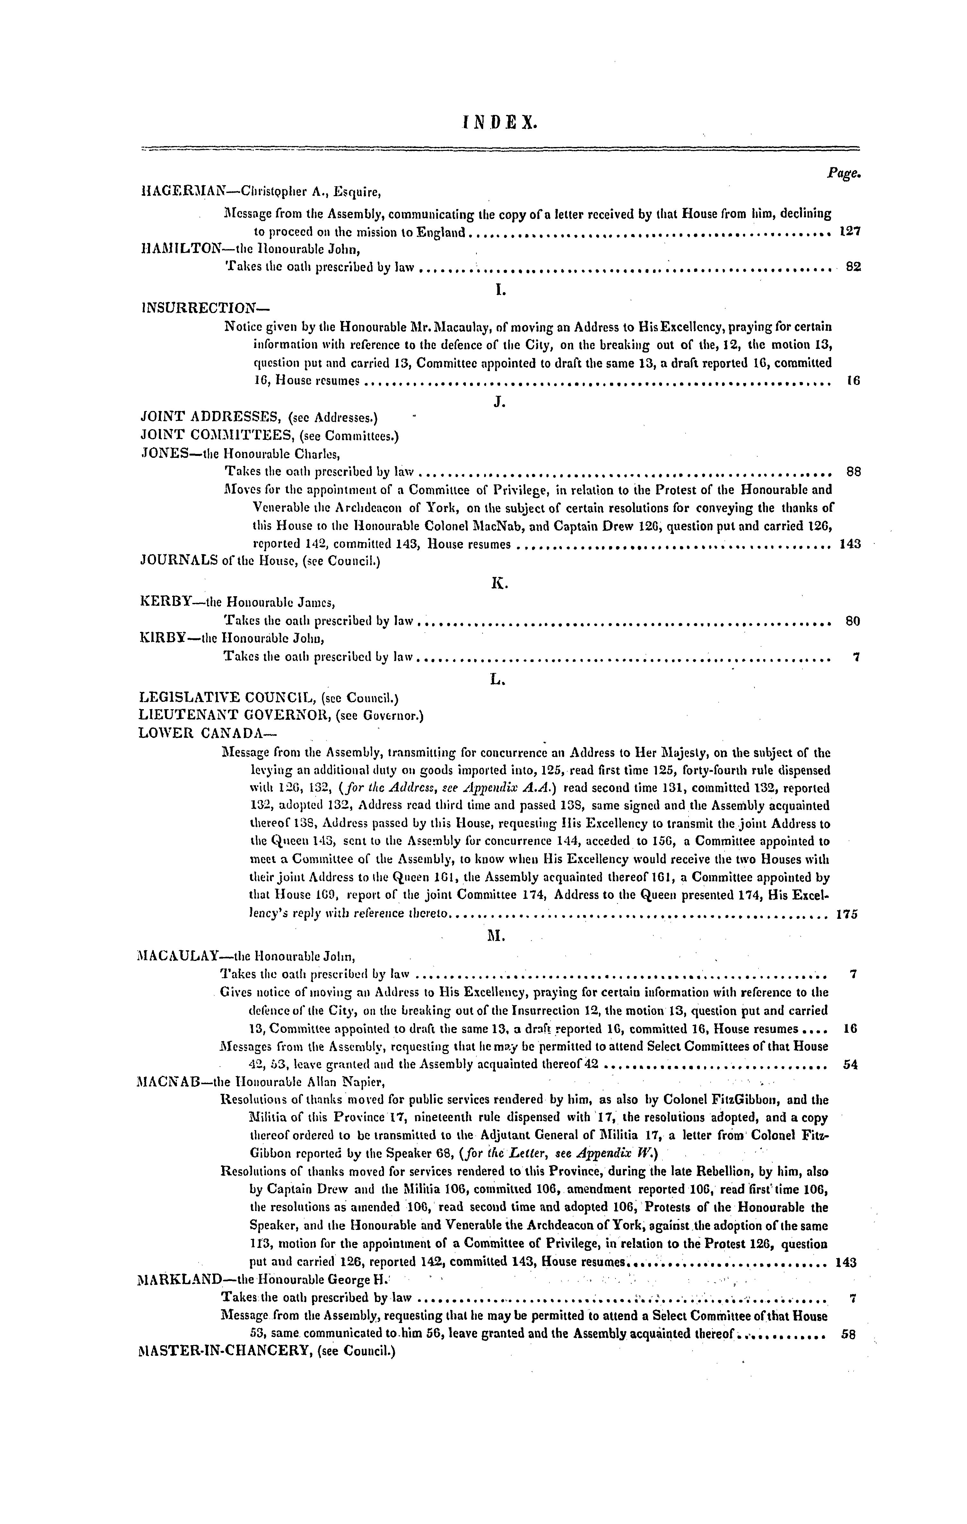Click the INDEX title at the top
(x=499, y=121)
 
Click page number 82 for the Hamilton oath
(x=853, y=267)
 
